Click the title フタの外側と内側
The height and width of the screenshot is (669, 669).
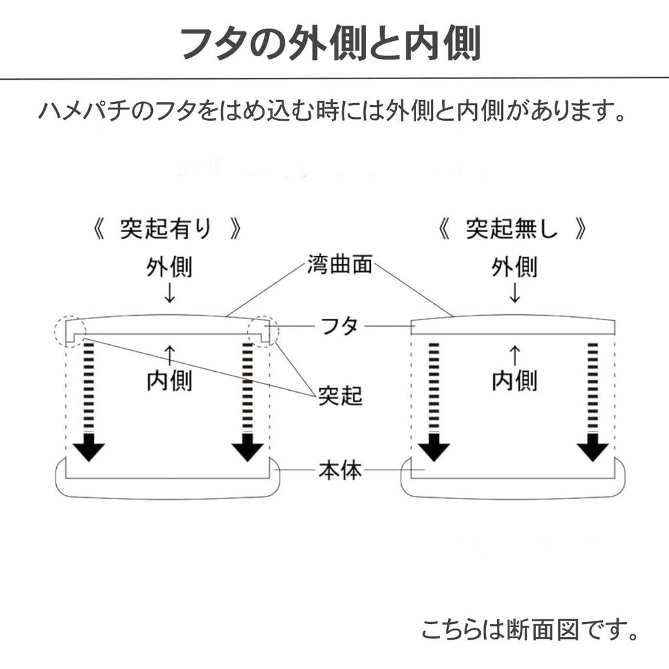pyautogui.click(x=331, y=44)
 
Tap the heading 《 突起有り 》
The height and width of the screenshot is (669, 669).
pyautogui.click(x=169, y=229)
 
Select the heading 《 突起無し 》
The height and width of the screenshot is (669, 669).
pyautogui.click(x=514, y=229)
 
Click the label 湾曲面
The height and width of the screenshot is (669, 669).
pyautogui.click(x=339, y=266)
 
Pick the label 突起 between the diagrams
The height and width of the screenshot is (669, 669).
pyautogui.click(x=340, y=395)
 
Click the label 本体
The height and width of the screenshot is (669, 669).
pyautogui.click(x=340, y=470)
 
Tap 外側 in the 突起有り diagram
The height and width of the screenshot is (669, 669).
pyautogui.click(x=169, y=267)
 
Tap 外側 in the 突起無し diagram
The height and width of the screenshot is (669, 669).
pyautogui.click(x=514, y=267)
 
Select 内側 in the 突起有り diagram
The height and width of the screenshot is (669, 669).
pyautogui.click(x=169, y=381)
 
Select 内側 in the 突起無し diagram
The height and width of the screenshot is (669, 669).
pyautogui.click(x=514, y=381)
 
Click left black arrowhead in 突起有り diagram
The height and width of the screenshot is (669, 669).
pyautogui.click(x=89, y=450)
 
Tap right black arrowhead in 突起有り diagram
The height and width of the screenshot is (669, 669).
pyautogui.click(x=248, y=450)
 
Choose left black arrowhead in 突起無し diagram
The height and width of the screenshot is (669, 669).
pyautogui.click(x=434, y=450)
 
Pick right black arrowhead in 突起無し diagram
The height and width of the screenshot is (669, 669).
pyautogui.click(x=593, y=450)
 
